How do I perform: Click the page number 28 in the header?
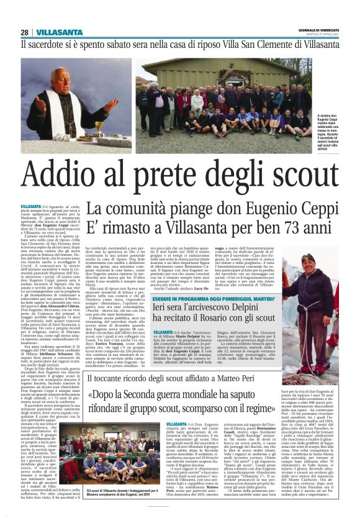(x=24, y=32)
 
